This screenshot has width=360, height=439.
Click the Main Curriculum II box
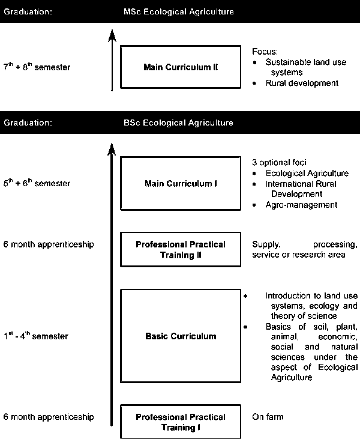coord(180,67)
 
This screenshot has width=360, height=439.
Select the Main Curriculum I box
coord(180,183)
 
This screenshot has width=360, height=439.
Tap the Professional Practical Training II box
coord(180,249)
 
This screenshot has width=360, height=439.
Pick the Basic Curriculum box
coord(180,336)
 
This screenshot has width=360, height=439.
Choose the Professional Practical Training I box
coord(180,422)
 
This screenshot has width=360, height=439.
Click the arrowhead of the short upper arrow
coord(111,35)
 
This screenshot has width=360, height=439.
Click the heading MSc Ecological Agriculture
coord(178,11)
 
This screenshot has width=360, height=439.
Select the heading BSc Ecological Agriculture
coord(178,123)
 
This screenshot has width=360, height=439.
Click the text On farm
coord(268,417)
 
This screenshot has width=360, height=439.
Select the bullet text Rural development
coord(302,83)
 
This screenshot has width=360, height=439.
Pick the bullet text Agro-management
coord(301,205)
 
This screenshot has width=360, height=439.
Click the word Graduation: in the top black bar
coord(28,11)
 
